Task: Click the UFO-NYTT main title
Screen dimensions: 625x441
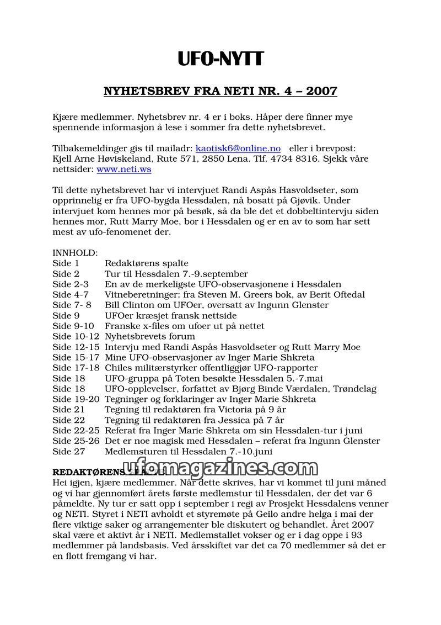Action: coord(220,58)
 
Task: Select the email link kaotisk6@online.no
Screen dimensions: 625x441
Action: coord(238,149)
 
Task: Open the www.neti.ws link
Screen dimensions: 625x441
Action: coord(124,170)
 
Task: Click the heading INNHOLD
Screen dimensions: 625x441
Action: coord(75,253)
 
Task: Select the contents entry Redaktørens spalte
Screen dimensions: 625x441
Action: coord(147,263)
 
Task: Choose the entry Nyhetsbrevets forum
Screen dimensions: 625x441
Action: coord(150,337)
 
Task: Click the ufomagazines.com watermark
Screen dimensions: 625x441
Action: coord(220,468)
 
